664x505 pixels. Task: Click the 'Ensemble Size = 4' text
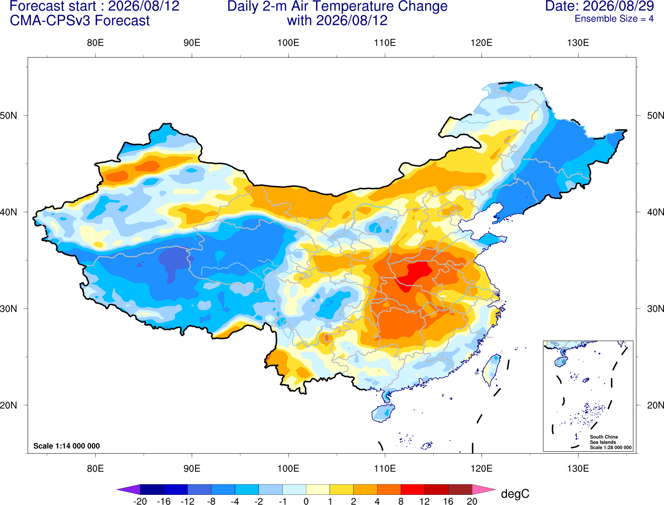coord(614,19)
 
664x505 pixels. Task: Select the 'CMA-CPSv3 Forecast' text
coord(80,21)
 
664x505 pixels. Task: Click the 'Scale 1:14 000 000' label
coord(67,446)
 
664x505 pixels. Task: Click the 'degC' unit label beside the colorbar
coord(515,494)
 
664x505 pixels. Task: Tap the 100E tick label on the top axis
coord(288,43)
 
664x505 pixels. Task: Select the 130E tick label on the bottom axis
coord(578,469)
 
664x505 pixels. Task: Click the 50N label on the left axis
coord(9,116)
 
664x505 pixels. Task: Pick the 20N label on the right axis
coord(655,405)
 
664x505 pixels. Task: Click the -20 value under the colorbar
coord(140,501)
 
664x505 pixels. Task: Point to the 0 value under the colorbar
coord(306,501)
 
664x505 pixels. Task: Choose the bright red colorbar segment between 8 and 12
coord(413,489)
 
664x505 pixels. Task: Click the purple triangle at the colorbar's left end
coord(129,489)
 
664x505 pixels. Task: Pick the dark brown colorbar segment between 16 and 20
coord(460,489)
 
